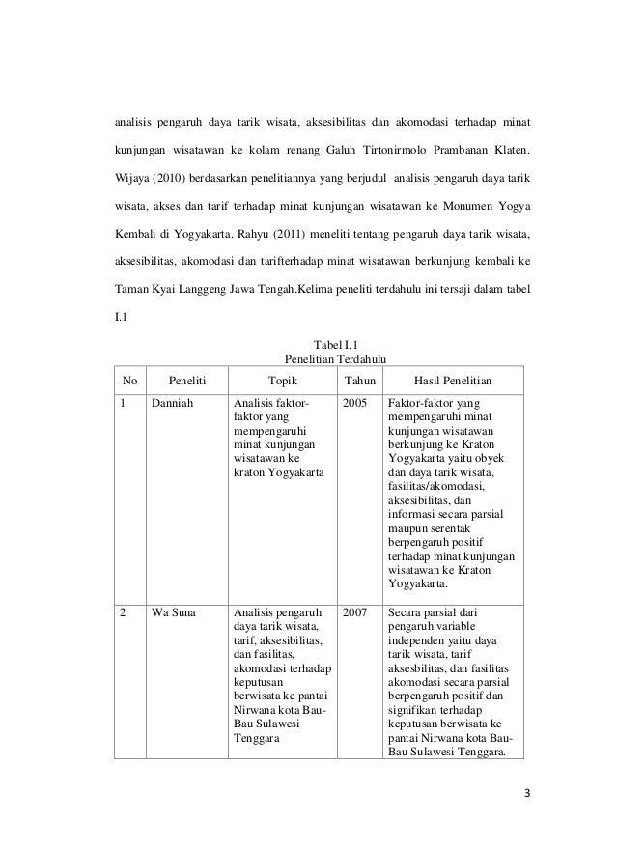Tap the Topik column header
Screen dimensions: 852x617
[x=282, y=381]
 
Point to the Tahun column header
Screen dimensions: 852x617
[x=360, y=381]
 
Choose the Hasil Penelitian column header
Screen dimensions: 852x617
[x=453, y=381]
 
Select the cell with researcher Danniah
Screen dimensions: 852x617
[x=173, y=404]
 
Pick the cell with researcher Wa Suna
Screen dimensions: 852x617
[x=174, y=612]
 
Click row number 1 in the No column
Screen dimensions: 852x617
[x=124, y=404]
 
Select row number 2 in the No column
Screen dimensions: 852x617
[x=124, y=612]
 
